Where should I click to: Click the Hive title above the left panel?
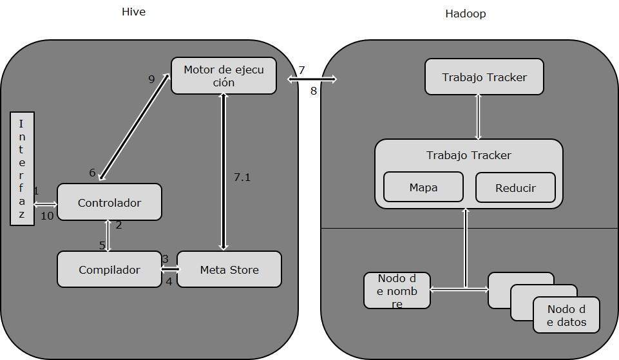(133, 12)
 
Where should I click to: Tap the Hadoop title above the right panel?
(465, 14)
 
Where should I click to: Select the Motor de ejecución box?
(224, 76)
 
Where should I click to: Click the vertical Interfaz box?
(22, 169)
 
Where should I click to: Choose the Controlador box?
(109, 202)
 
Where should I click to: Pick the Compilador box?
(109, 269)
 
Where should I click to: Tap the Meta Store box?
(229, 269)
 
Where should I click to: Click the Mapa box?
(423, 187)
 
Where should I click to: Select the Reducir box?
(515, 188)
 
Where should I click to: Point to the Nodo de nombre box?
(397, 290)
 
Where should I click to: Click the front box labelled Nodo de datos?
(566, 315)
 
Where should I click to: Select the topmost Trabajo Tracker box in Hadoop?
(484, 77)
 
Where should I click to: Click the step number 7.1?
(242, 177)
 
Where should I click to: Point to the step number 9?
(151, 79)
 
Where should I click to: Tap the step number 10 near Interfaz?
(47, 216)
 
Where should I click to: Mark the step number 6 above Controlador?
(92, 173)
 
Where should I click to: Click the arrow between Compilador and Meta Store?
(169, 269)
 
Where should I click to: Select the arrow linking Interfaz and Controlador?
(45, 204)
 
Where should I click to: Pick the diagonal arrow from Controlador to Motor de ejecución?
(134, 127)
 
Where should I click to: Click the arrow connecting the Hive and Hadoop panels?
(312, 79)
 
